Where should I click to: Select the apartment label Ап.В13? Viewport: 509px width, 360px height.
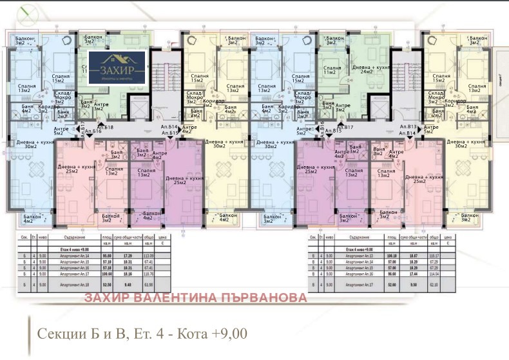point(408,127)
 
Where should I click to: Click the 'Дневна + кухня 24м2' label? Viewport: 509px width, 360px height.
point(365,68)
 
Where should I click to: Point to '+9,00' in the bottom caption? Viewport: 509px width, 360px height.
point(226,335)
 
